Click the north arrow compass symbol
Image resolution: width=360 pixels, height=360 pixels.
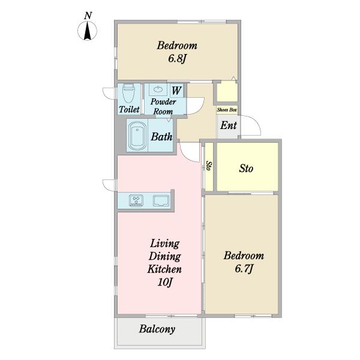tap(87, 31)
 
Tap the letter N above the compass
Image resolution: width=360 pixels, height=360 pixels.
tap(88, 16)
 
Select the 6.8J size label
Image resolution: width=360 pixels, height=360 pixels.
tap(177, 59)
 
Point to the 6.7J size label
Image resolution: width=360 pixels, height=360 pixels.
tap(244, 268)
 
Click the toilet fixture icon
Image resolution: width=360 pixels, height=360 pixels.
tap(128, 94)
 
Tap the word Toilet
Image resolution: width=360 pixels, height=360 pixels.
tap(129, 109)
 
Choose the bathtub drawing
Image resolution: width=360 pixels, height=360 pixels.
tap(137, 136)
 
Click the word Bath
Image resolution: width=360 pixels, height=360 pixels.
tap(161, 137)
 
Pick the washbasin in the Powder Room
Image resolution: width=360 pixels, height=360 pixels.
tap(158, 89)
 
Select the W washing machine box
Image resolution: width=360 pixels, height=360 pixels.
tap(176, 90)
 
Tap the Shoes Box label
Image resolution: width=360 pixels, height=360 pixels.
tap(227, 110)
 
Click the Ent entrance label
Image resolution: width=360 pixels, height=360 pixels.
tap(229, 125)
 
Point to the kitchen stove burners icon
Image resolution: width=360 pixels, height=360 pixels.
tap(136, 200)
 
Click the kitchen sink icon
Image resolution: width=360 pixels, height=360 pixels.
tap(161, 200)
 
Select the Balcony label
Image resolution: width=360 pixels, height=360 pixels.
tap(157, 329)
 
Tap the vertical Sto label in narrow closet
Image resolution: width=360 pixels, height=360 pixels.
tap(209, 166)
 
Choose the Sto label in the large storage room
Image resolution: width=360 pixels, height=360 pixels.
tap(246, 168)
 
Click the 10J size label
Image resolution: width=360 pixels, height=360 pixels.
tap(164, 282)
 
